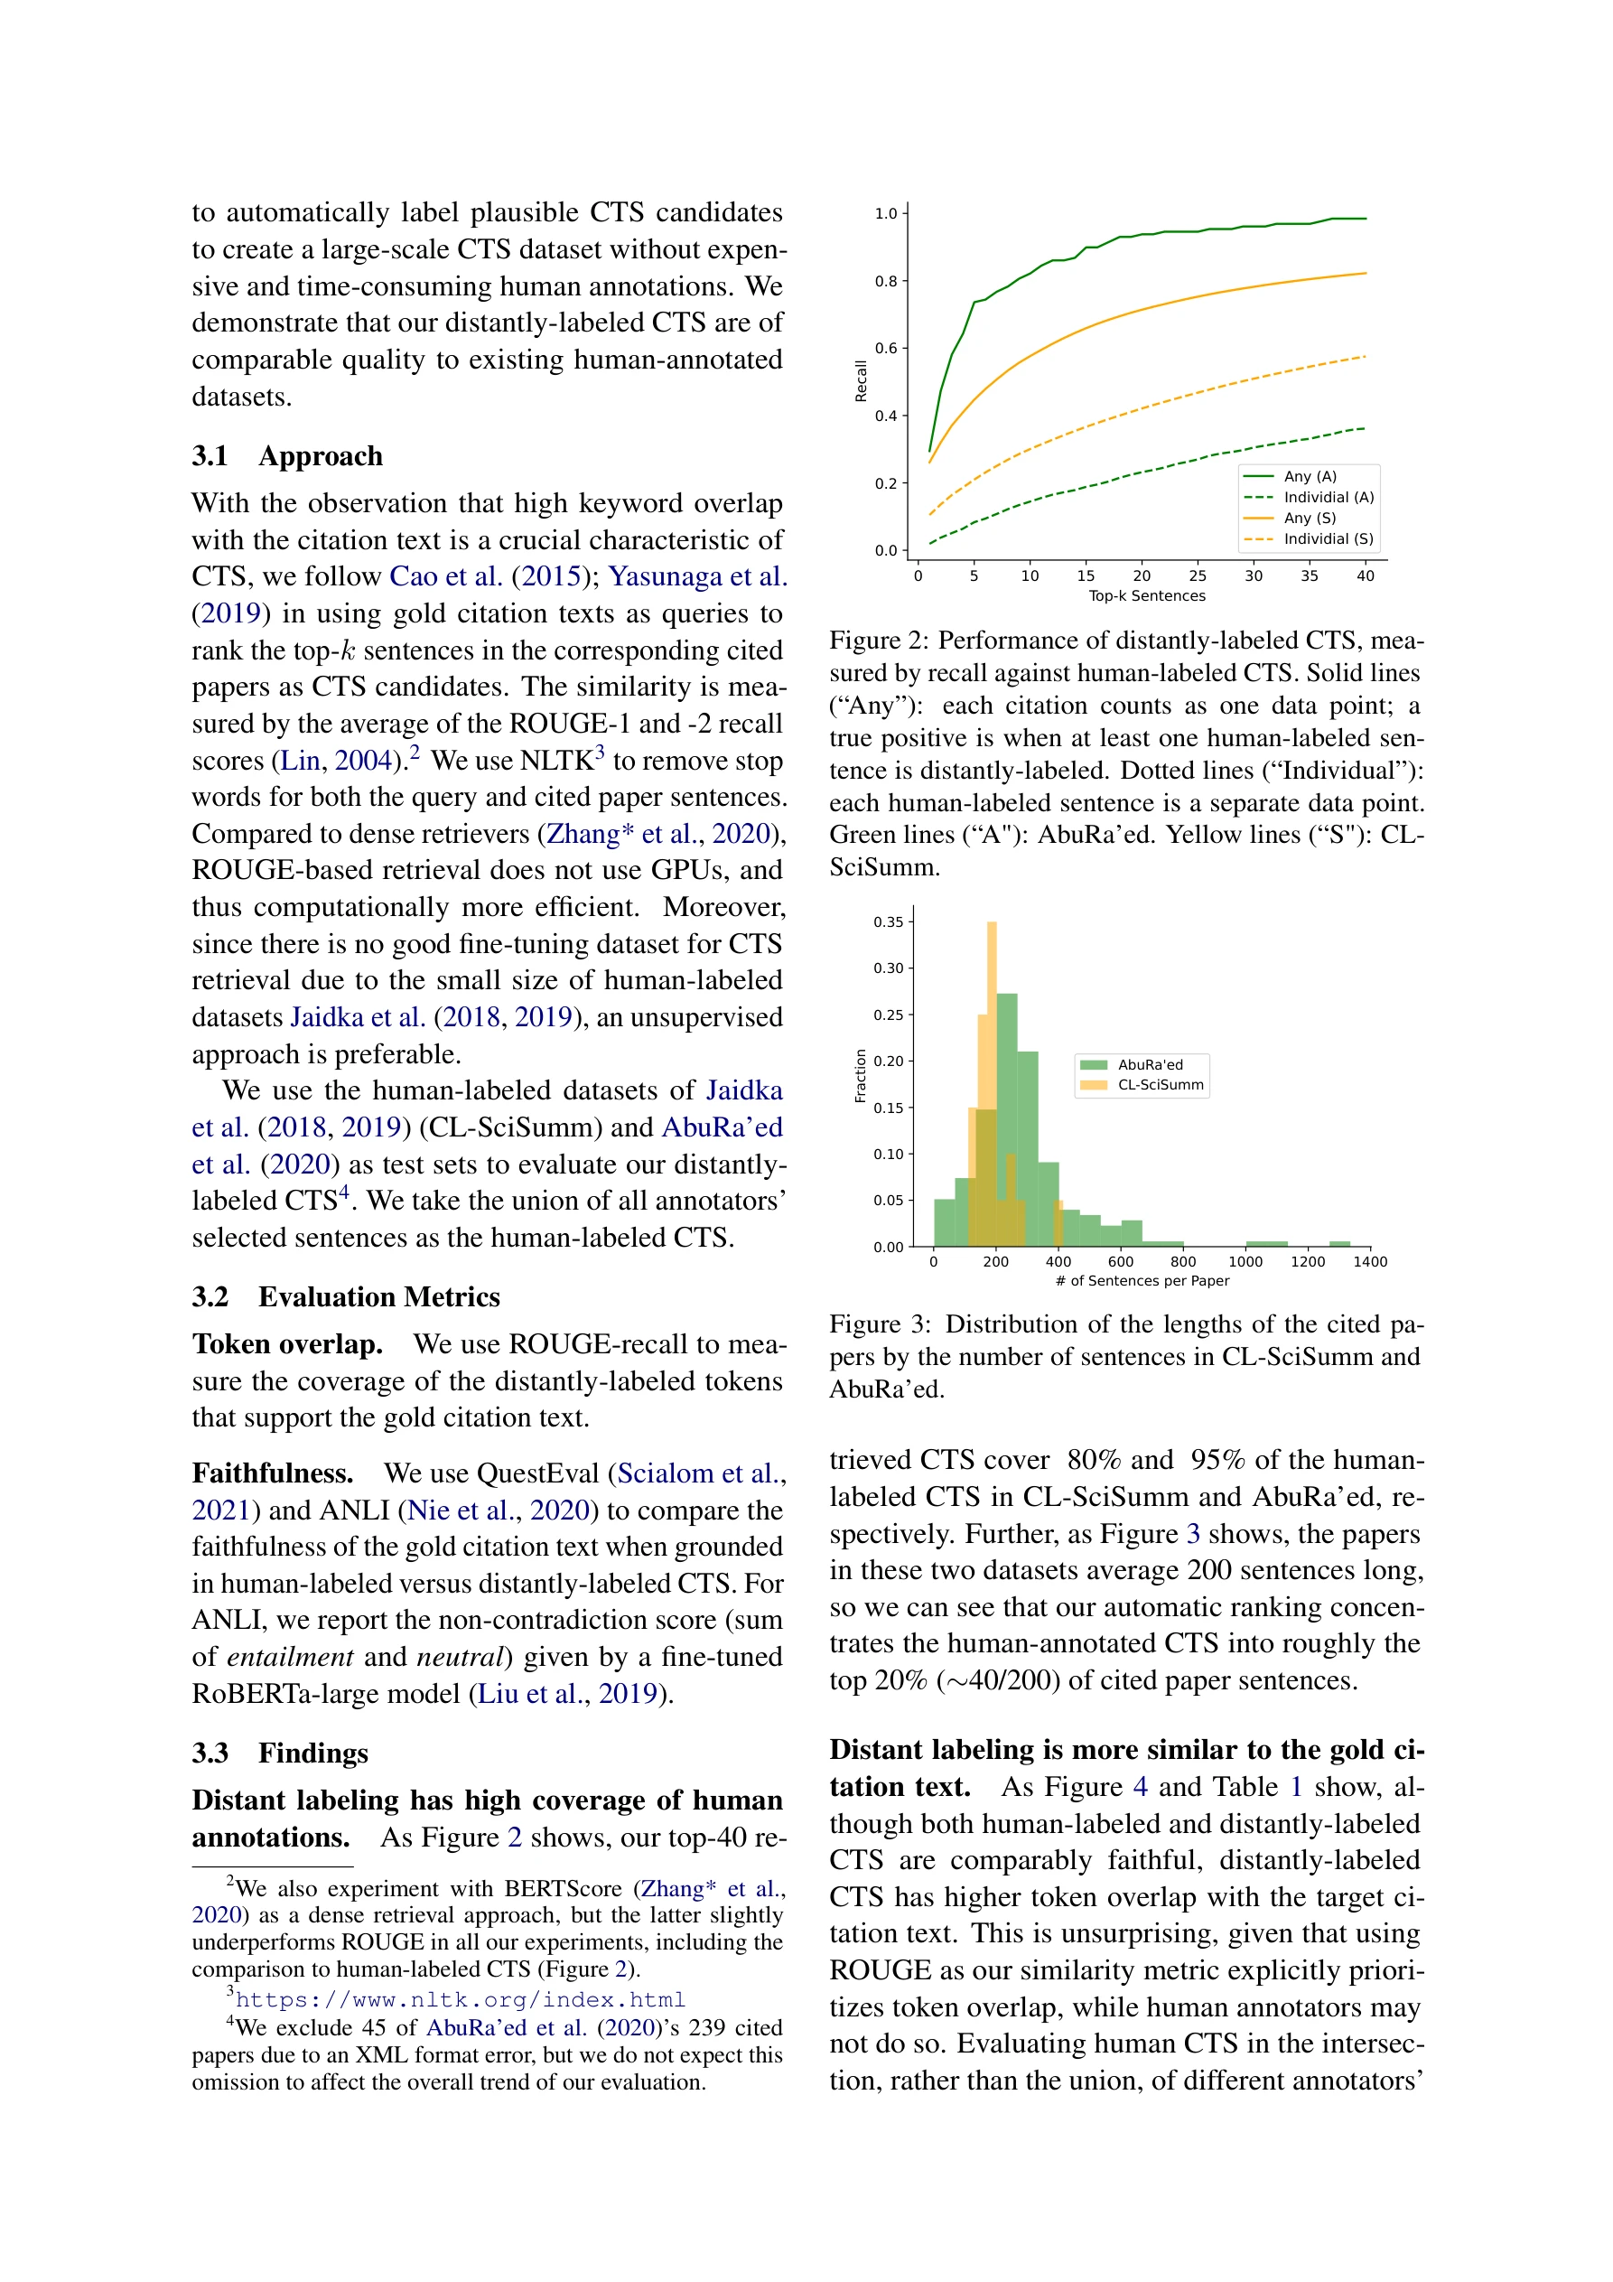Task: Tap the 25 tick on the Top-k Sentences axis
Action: [1198, 575]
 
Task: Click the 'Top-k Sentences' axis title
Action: [1146, 595]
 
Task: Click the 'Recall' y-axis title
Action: [861, 380]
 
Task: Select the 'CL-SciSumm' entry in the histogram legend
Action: [1160, 1084]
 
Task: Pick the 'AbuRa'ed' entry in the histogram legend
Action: [1150, 1064]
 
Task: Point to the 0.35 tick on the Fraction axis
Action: [889, 921]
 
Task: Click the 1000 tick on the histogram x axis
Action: [1245, 1261]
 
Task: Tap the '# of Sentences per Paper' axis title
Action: [1142, 1280]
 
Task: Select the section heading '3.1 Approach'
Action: [287, 455]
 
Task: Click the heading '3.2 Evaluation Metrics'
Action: [346, 1296]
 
